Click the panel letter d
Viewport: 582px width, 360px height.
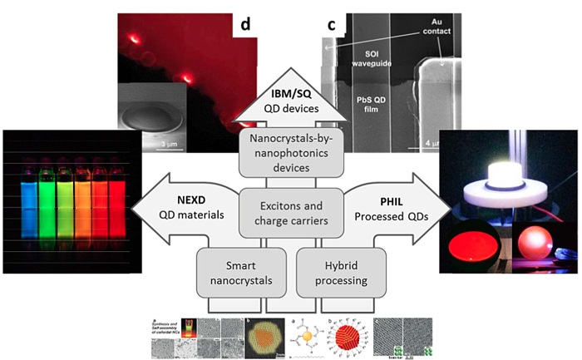tap(246, 24)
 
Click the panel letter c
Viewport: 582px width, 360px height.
tap(331, 25)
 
